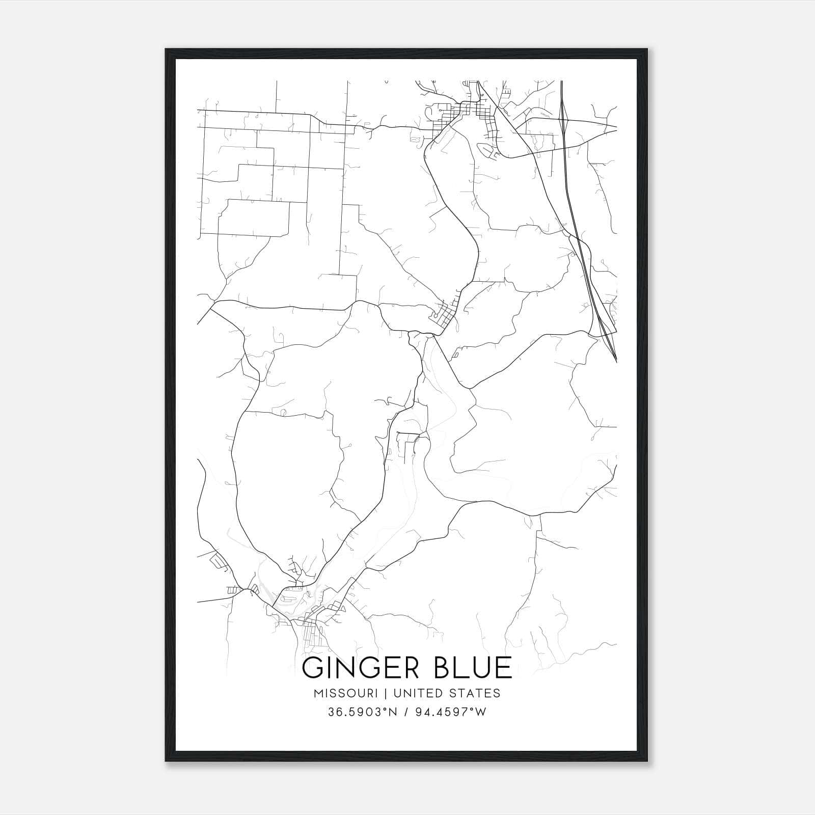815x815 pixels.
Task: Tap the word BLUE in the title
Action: [473, 667]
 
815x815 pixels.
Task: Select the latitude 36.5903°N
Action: [362, 712]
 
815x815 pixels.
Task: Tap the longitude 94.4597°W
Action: [448, 712]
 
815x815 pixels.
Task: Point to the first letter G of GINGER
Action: [312, 667]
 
